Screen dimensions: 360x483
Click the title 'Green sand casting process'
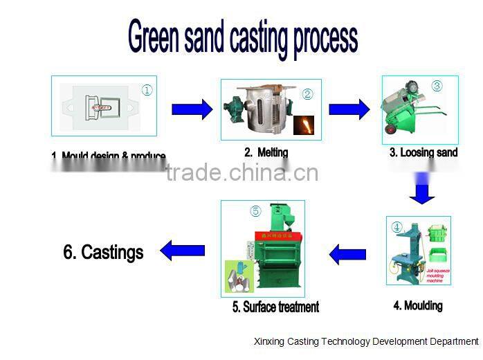[x=242, y=38]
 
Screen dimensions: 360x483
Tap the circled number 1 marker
[x=147, y=90]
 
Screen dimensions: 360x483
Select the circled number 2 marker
[x=308, y=94]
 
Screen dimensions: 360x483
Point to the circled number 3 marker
[x=437, y=87]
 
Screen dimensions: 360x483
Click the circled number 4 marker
[x=397, y=226]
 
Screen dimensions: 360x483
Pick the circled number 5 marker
[x=255, y=212]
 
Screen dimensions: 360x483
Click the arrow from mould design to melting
[x=192, y=109]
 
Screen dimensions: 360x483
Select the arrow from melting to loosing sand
[x=349, y=109]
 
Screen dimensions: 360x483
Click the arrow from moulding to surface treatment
[x=347, y=254]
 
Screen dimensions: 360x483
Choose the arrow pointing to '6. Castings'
[x=183, y=249]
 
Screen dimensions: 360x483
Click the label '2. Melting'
[x=266, y=152]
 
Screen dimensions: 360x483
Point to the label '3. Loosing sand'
[x=423, y=152]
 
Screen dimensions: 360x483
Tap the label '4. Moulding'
[x=418, y=305]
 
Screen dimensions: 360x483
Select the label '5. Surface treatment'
[x=275, y=307]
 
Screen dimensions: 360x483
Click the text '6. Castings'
[x=103, y=252]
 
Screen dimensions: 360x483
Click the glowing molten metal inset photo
[x=305, y=125]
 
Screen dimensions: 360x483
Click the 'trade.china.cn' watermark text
[x=242, y=172]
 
